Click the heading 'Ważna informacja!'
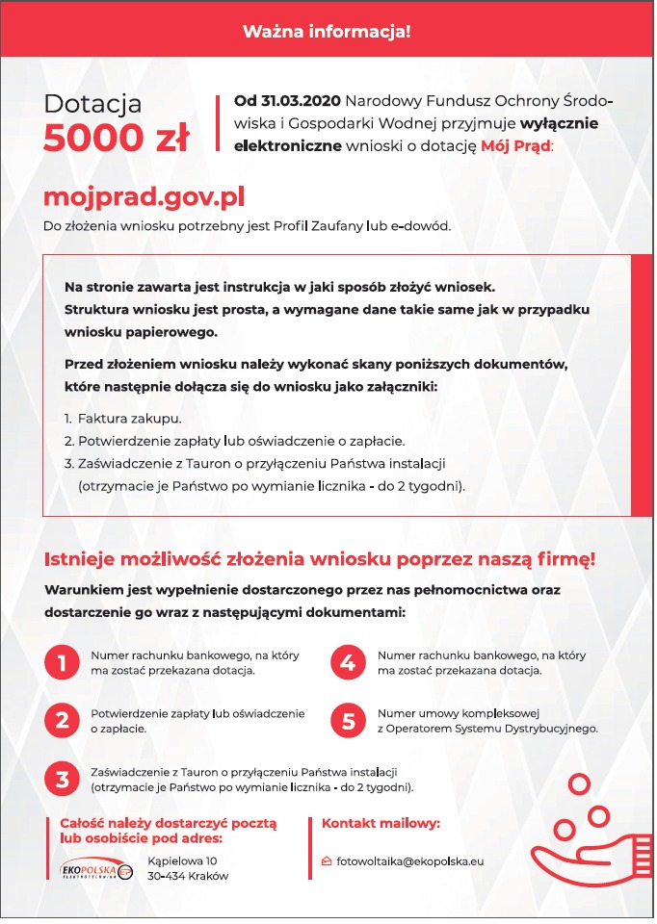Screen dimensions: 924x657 (327, 32)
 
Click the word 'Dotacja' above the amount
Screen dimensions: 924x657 (93, 104)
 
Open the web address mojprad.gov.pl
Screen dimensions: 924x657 (145, 197)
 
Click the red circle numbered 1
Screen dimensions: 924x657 (63, 662)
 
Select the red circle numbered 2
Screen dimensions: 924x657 (63, 720)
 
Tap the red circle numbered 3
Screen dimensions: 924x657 (63, 779)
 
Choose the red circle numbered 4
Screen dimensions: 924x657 (348, 662)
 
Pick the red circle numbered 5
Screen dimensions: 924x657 (348, 720)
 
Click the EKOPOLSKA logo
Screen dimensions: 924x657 (94, 869)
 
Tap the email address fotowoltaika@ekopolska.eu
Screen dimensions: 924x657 (409, 860)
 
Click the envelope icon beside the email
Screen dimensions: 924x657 (328, 860)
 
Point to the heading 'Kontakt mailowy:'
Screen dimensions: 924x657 (381, 824)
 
